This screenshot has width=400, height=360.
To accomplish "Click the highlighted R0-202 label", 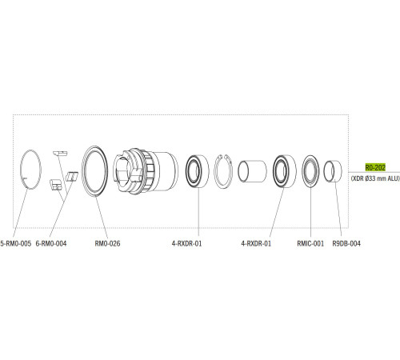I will click(376, 167).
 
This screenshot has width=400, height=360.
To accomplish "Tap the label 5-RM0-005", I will click(16, 242).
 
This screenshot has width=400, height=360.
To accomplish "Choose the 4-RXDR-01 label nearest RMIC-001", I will click(256, 242).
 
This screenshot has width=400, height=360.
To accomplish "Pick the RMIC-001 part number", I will click(310, 242).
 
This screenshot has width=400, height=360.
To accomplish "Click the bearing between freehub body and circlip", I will click(196, 170).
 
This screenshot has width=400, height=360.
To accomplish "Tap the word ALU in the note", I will click(392, 180).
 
